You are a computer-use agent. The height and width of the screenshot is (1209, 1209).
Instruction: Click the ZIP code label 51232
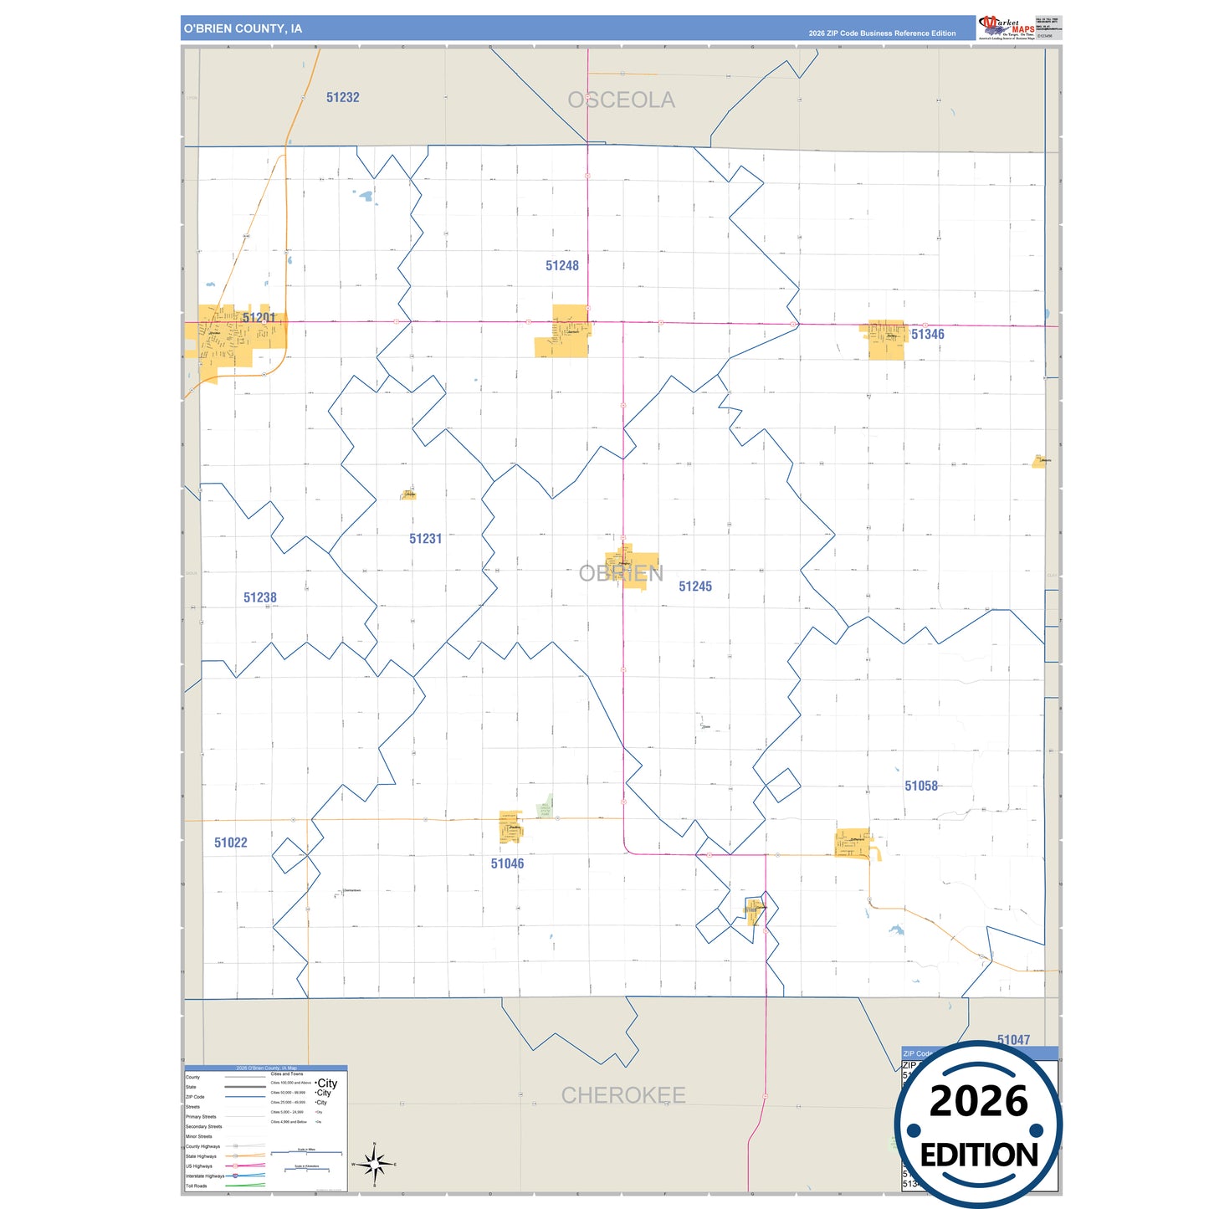(342, 98)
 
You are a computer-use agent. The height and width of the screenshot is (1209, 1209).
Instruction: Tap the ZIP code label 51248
(561, 266)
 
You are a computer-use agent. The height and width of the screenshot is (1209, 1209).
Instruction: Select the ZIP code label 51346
(927, 335)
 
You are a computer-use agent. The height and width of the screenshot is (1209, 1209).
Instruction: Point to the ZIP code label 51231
(425, 539)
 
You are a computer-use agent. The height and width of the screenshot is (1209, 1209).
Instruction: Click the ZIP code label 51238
(259, 597)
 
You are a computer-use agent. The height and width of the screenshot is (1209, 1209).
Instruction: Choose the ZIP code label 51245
(694, 587)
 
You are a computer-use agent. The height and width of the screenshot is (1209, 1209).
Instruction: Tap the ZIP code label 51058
(920, 786)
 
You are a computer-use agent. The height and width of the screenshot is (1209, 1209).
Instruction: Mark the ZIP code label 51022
(230, 843)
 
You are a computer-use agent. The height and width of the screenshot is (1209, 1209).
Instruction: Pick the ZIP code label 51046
(507, 863)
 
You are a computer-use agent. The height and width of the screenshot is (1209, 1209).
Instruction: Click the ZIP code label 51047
(1012, 1039)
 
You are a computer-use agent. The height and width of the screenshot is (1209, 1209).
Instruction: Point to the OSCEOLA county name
(621, 100)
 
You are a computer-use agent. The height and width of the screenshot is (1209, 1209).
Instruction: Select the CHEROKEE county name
(622, 1095)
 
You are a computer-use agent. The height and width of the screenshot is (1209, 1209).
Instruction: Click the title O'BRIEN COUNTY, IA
(243, 28)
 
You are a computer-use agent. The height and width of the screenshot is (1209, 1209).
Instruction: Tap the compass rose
(374, 1164)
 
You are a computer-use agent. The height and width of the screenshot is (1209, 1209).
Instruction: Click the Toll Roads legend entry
(197, 1186)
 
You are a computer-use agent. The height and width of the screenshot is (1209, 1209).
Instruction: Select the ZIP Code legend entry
(195, 1097)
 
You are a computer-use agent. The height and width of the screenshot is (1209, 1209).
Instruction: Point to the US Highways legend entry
(199, 1165)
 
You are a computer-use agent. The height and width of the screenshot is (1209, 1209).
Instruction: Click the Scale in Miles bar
(307, 1152)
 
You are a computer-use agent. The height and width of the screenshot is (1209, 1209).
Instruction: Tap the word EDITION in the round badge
(978, 1155)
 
